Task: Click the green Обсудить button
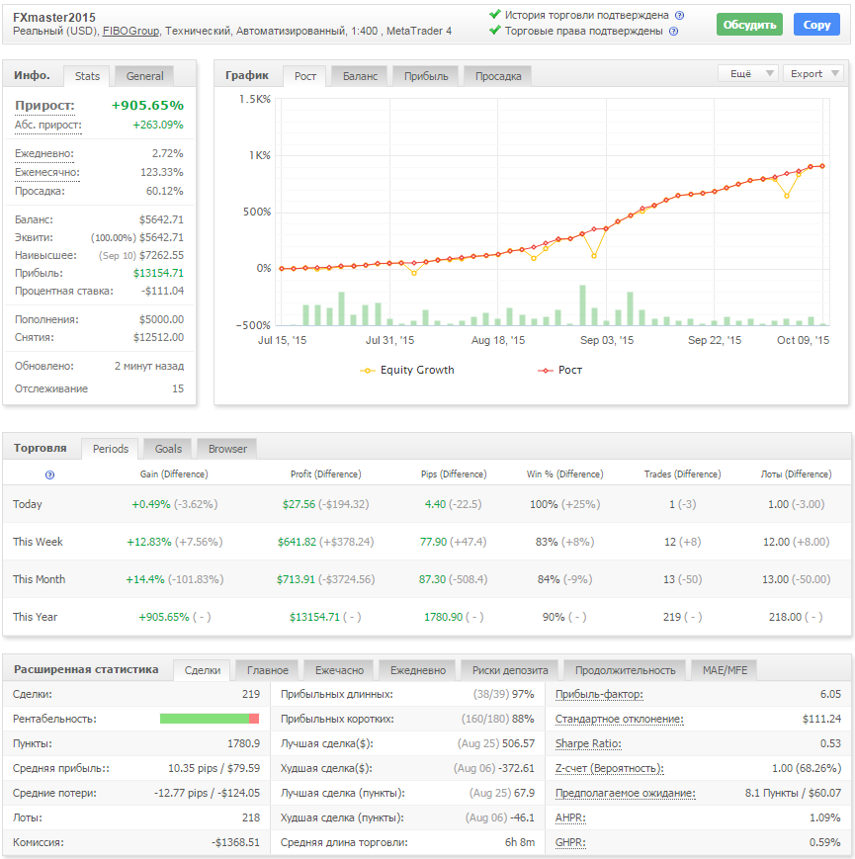point(748,25)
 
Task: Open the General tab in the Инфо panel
point(144,75)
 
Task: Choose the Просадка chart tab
point(497,76)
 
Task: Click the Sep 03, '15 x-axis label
point(605,340)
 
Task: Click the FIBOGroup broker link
point(130,32)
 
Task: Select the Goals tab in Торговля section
point(168,449)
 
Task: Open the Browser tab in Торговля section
point(227,449)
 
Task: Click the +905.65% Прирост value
point(147,105)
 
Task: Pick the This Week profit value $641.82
point(297,542)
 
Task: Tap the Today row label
point(28,504)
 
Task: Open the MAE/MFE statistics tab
point(725,670)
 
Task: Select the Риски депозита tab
point(509,670)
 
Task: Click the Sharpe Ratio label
point(587,743)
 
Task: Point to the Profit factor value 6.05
point(830,694)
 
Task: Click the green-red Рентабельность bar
point(210,719)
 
